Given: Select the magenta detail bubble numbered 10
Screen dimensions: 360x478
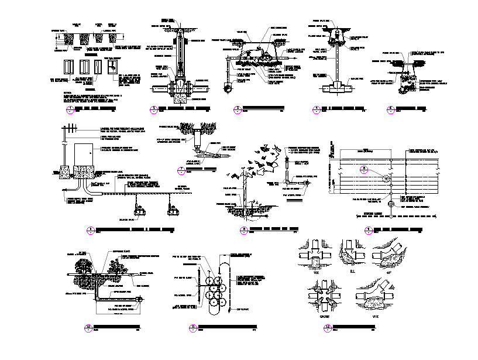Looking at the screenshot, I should click(89, 328).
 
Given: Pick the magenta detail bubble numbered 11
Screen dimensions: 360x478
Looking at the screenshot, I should click(192, 328).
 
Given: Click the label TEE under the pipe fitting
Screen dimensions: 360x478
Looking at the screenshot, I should click(317, 272).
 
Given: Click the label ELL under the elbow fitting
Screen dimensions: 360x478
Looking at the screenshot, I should click(352, 272).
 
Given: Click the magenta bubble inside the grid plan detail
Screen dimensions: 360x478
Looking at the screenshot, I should click(363, 169).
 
